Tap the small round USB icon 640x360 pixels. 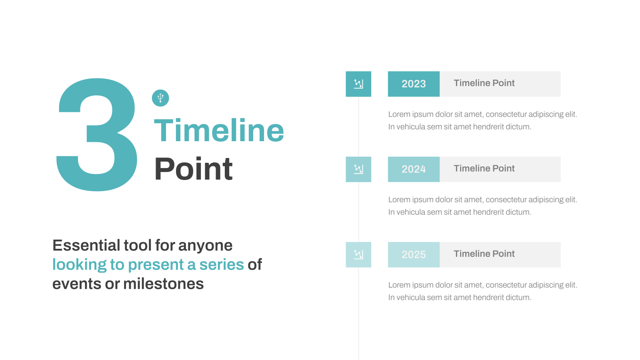click(160, 98)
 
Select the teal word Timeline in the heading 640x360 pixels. click(219, 130)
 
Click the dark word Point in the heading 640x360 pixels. click(193, 169)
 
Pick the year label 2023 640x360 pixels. click(414, 84)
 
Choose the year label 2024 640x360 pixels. click(414, 169)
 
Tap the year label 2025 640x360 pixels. click(414, 254)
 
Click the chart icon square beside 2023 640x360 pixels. click(358, 84)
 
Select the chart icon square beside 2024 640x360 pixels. click(358, 169)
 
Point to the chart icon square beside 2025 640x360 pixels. click(358, 254)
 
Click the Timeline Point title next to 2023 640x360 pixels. click(484, 83)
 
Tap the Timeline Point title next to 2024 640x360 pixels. click(484, 168)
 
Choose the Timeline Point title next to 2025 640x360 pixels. click(484, 254)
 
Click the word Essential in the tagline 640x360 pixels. click(86, 245)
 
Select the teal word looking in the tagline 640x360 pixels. click(80, 264)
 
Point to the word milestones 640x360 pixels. click(164, 284)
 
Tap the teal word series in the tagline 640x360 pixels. click(222, 264)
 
